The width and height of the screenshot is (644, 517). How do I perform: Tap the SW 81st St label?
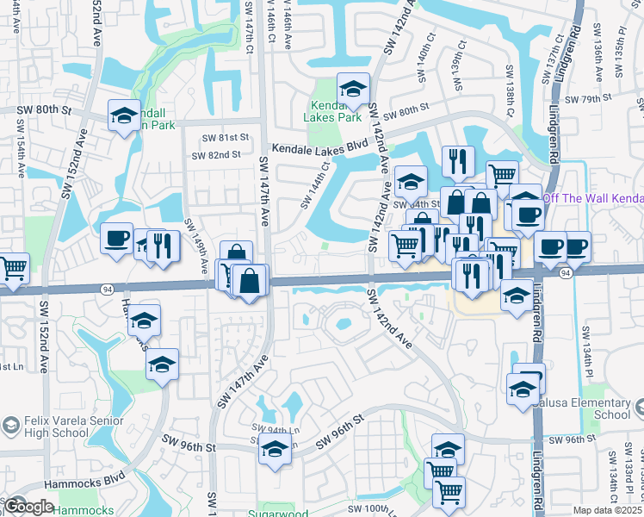click(x=226, y=138)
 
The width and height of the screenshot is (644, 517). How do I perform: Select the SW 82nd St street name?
click(x=216, y=155)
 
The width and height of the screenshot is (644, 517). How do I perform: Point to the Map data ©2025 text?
click(x=607, y=510)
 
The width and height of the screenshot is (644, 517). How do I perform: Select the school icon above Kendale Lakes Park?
click(x=352, y=89)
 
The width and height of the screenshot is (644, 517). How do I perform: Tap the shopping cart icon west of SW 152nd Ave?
click(x=13, y=268)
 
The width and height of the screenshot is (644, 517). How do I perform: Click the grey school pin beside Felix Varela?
click(x=10, y=426)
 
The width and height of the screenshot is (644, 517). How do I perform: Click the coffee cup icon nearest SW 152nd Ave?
click(x=116, y=239)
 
